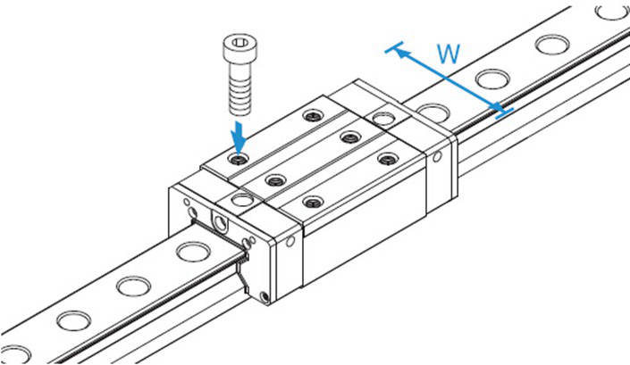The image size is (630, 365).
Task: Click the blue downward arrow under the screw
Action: (x=239, y=137)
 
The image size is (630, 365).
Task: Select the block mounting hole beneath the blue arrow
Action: (x=236, y=159)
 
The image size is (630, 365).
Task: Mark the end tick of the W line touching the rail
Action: (x=503, y=112)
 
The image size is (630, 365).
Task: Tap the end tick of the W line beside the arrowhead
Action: (x=391, y=48)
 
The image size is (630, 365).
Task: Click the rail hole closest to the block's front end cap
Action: (x=189, y=253)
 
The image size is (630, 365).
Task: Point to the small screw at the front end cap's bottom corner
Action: (x=263, y=297)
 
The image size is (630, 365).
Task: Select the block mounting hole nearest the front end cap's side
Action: (x=312, y=202)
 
